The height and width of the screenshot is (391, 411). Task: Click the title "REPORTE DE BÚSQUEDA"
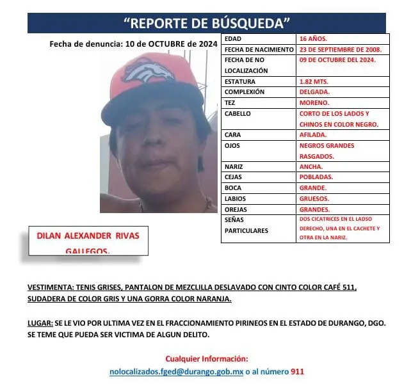coord(206,23)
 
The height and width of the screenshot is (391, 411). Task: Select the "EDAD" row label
coord(233,39)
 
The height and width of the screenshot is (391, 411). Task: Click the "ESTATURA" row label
coord(240,81)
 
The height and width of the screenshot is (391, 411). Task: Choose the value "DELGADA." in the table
coord(314,92)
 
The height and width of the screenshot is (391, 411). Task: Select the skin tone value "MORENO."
coord(314,102)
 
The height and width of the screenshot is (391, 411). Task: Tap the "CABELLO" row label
coord(238,113)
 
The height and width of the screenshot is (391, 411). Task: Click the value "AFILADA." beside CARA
coord(313,135)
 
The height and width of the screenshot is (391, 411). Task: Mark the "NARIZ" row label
coord(234,166)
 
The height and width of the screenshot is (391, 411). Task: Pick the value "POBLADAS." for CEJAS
coord(316,177)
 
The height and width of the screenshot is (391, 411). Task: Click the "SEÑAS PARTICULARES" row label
coord(246,225)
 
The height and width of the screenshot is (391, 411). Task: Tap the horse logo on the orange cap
coord(149,70)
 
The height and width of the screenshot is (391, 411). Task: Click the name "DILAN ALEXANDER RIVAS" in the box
coord(85,235)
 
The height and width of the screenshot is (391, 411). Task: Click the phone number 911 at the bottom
coord(297,371)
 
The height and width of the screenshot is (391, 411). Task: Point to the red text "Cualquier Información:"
coord(206,358)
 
